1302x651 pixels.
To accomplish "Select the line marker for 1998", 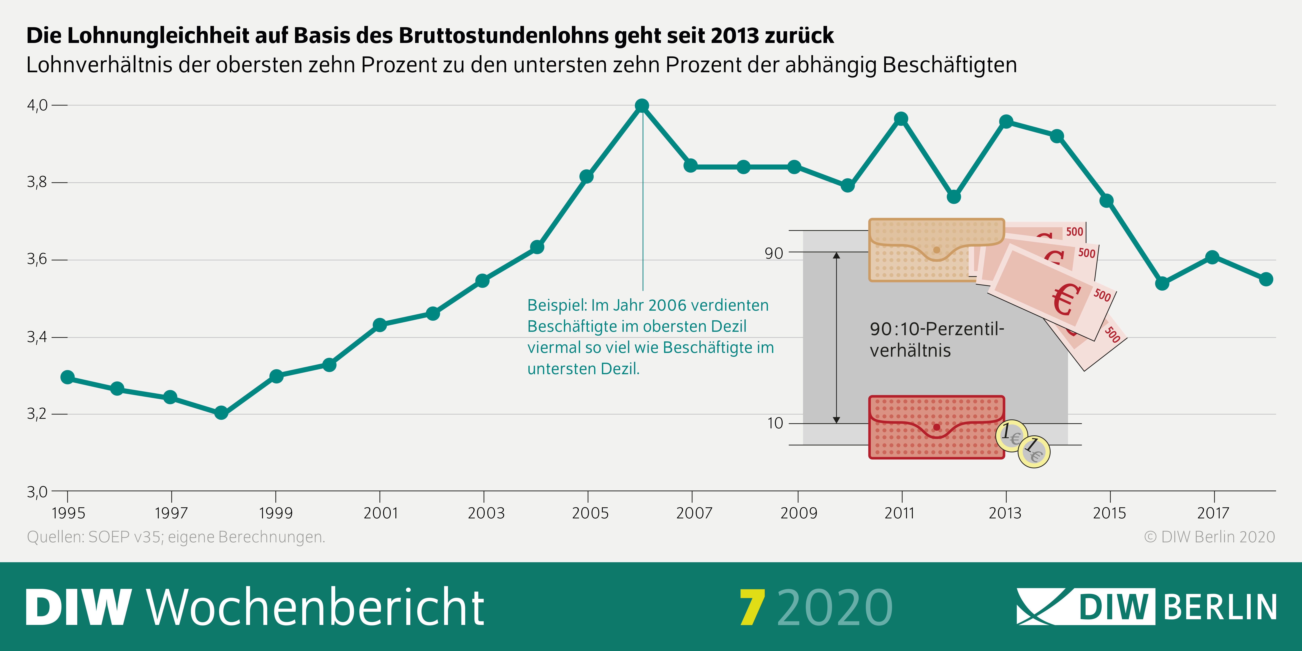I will (221, 413).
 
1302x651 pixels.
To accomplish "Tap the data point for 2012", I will (953, 197).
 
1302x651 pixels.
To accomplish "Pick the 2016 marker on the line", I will (1162, 284).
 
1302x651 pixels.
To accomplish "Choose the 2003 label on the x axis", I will (486, 513).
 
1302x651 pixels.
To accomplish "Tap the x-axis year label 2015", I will (1109, 513).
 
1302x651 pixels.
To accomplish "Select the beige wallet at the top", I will (936, 250).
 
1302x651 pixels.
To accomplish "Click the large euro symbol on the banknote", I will (1066, 299).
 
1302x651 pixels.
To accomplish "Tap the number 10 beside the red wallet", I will (775, 423).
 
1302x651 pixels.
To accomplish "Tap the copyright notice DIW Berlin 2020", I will (1209, 537).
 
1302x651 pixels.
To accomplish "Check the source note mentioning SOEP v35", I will (176, 537).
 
